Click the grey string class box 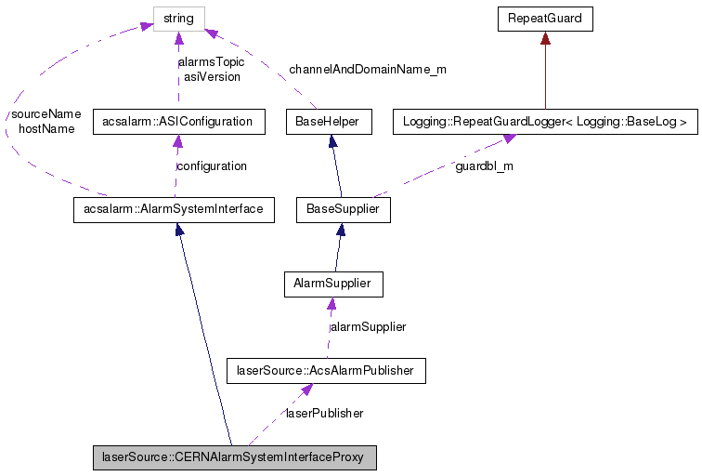tap(178, 18)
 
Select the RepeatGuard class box tap(544, 18)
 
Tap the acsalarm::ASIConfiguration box tap(178, 121)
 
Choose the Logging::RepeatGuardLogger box tap(544, 121)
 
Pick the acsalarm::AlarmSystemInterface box tap(174, 209)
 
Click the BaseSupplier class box tap(343, 209)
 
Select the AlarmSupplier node tap(332, 283)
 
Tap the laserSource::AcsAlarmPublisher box tap(326, 371)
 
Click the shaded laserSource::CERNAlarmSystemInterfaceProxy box tap(234, 458)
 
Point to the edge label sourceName tap(45, 114)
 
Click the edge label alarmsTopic tap(211, 62)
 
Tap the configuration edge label tap(212, 165)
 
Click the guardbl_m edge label tap(484, 165)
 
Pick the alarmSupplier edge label tap(369, 326)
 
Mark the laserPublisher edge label tap(323, 413)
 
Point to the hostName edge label tap(45, 129)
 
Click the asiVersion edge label tap(211, 76)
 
